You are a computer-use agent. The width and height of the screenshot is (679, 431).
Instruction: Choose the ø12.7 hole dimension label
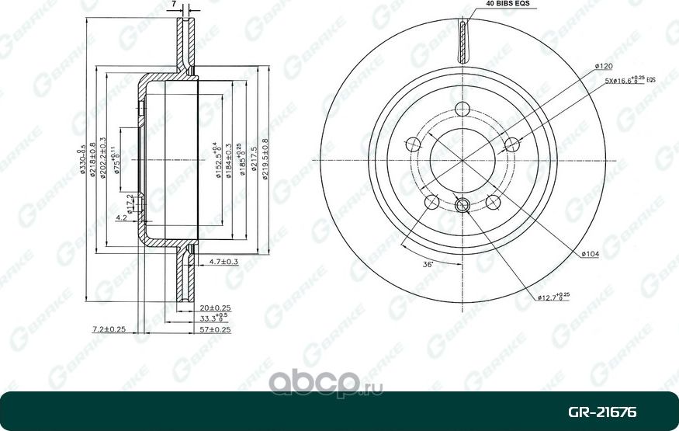point(553,297)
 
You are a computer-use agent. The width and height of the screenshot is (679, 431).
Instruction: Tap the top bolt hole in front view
point(462,109)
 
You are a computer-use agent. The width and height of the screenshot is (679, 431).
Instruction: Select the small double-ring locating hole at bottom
point(462,206)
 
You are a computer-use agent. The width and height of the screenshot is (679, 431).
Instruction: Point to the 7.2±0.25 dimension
point(108,329)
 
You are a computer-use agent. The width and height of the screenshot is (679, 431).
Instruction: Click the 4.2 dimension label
point(121,218)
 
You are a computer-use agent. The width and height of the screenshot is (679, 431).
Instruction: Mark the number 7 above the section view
point(176,5)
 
